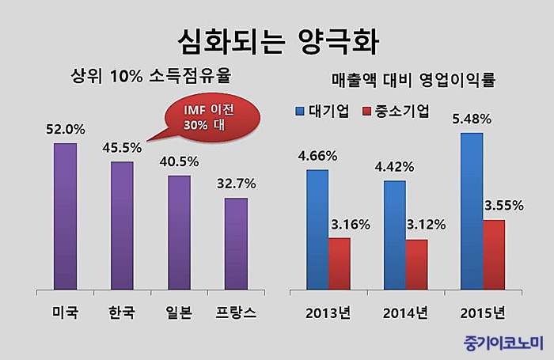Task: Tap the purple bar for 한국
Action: [122, 225]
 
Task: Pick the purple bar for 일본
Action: [179, 232]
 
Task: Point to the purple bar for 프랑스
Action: [236, 243]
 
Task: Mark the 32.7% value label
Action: [236, 184]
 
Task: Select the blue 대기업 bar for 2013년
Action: [317, 229]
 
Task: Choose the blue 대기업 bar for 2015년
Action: [472, 210]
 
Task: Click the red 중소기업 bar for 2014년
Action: [416, 264]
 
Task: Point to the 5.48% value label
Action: [472, 119]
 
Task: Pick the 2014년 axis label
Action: [405, 312]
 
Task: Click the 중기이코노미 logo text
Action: [504, 343]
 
